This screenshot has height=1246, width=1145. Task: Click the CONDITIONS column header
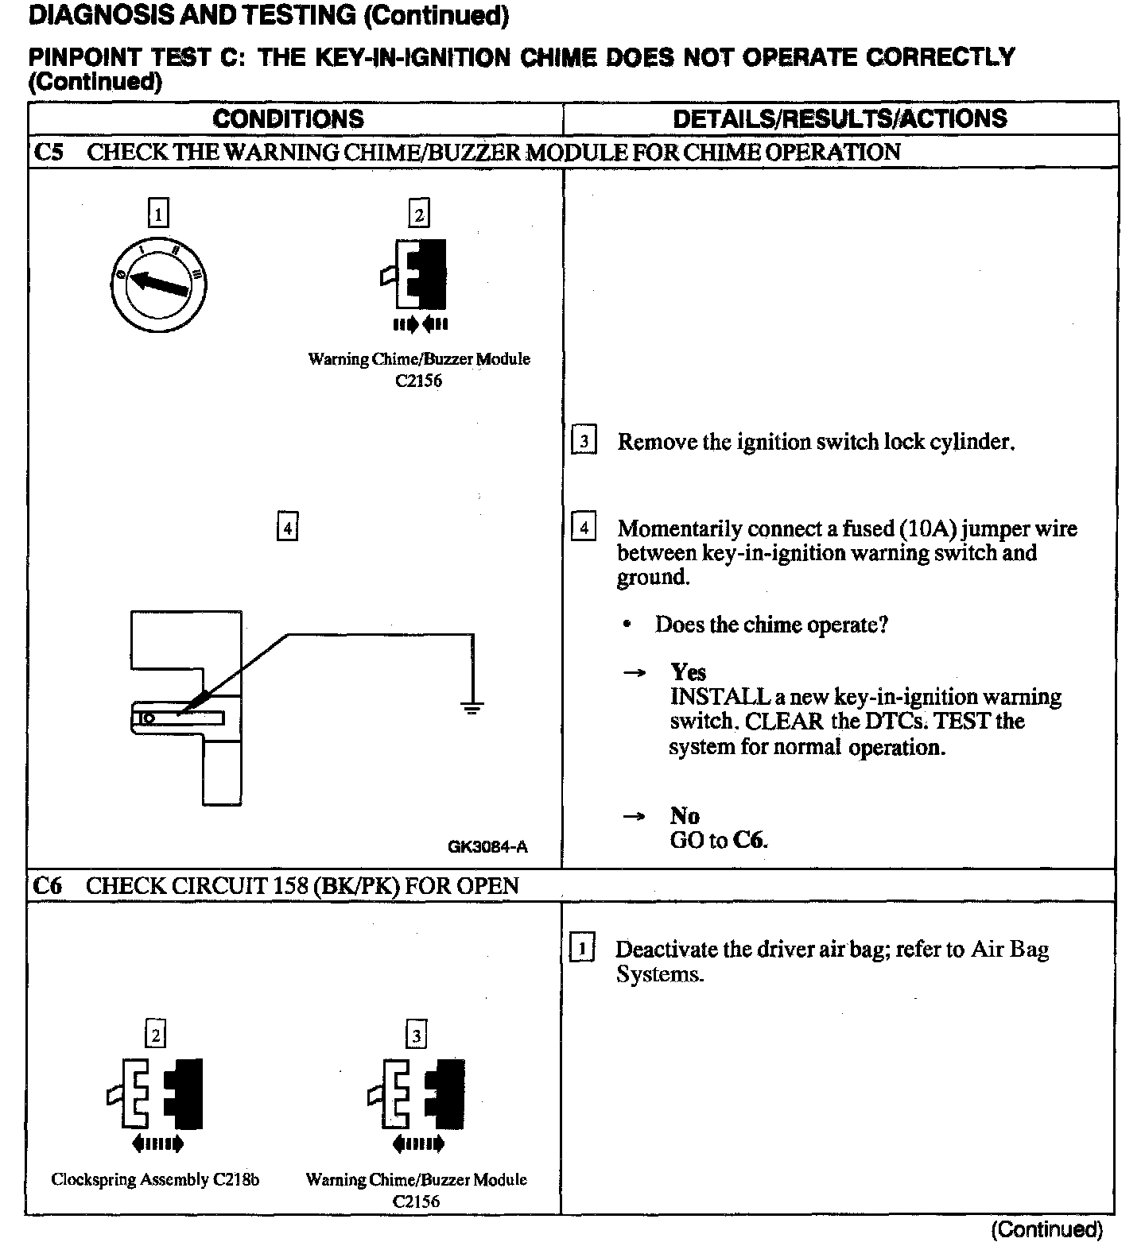[x=288, y=119]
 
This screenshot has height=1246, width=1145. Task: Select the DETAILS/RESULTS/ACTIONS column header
[x=840, y=119]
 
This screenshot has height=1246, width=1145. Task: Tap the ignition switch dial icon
[x=158, y=282]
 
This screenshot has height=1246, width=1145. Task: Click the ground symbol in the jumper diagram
[x=473, y=706]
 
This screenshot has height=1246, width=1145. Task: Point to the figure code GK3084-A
[x=487, y=847]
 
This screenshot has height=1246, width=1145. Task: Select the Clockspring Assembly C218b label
[x=155, y=1179]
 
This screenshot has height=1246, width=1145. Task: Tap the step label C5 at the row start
[x=49, y=152]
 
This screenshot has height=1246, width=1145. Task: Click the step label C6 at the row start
[x=49, y=885]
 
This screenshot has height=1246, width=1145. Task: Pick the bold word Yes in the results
[x=688, y=672]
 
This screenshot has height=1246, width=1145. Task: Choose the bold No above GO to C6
[x=685, y=816]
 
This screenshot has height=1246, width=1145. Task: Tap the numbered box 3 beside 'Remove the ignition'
[x=584, y=441]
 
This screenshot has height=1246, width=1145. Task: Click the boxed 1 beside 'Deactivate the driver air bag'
[x=583, y=949]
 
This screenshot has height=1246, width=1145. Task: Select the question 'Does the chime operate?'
[x=770, y=625]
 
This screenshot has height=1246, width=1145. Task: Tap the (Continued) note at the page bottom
[x=1046, y=1229]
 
